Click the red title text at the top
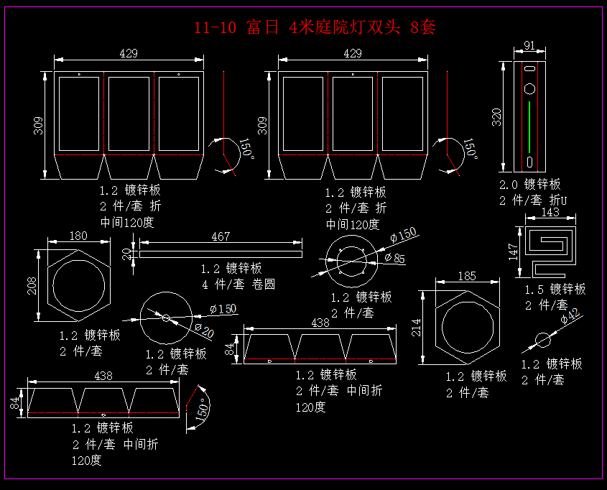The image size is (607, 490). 315,28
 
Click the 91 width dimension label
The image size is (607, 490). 529,46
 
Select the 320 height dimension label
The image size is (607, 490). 496,116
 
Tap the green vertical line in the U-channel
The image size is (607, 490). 529,126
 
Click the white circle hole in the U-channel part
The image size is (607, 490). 530,89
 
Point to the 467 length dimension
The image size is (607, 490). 221,237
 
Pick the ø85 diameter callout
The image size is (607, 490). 395,258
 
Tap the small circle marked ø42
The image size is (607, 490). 544,339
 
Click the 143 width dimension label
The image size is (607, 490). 550,213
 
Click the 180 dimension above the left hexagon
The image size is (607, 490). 78,236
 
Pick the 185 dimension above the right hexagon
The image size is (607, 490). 466,275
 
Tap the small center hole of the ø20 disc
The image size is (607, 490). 166,318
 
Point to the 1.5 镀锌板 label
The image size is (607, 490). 555,289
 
